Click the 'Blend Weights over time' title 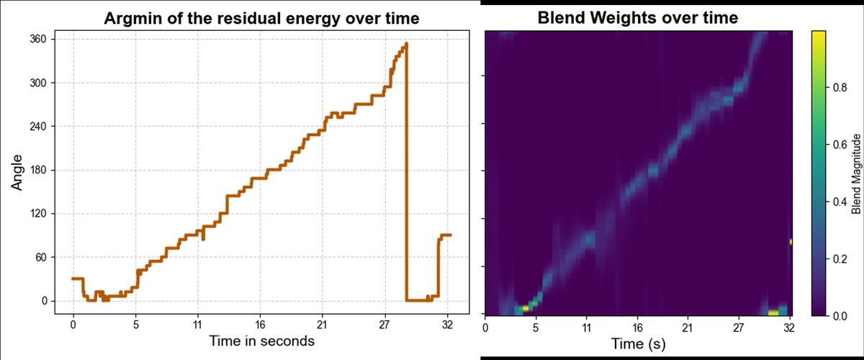[x=638, y=18]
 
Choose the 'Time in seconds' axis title [x=261, y=341]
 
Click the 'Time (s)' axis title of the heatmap [x=638, y=344]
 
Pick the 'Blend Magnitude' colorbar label [x=856, y=173]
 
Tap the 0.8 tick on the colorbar [x=839, y=87]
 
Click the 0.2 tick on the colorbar [x=839, y=258]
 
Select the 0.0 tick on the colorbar [x=839, y=315]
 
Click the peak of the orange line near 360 [x=406, y=45]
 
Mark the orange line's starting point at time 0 [x=73, y=278]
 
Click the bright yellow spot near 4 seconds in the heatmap [x=526, y=307]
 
